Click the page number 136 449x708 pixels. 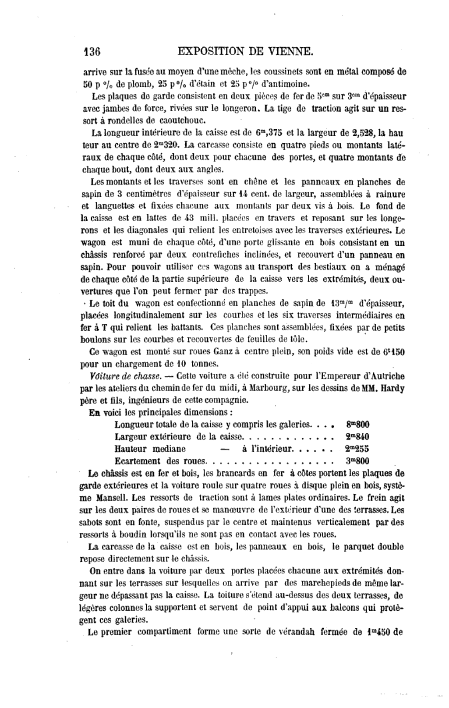coord(92,52)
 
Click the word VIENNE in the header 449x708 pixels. coord(291,52)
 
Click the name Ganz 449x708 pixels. coord(223,351)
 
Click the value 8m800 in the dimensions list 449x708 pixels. coord(357,424)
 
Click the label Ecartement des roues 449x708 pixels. coord(160,461)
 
